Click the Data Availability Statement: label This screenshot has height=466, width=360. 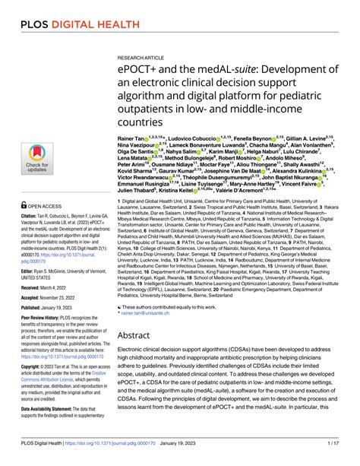(55, 430)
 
